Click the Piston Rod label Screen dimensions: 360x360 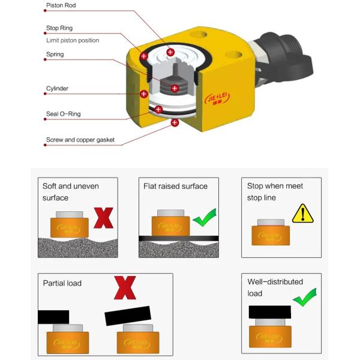(61, 5)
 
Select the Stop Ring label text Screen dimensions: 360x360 (59, 28)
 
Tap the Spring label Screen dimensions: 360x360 (55, 55)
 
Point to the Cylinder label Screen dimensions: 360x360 (58, 89)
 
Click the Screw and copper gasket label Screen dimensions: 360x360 (80, 140)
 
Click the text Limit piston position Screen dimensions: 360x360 (73, 40)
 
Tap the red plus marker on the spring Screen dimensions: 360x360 (175, 88)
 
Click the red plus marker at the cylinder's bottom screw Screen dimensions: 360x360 (175, 122)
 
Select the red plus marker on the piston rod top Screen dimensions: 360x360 (170, 52)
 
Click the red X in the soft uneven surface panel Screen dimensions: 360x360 (104, 218)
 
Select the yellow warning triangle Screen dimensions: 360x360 (303, 213)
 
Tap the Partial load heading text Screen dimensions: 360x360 (62, 283)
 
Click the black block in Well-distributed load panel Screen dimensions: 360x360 (270, 311)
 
